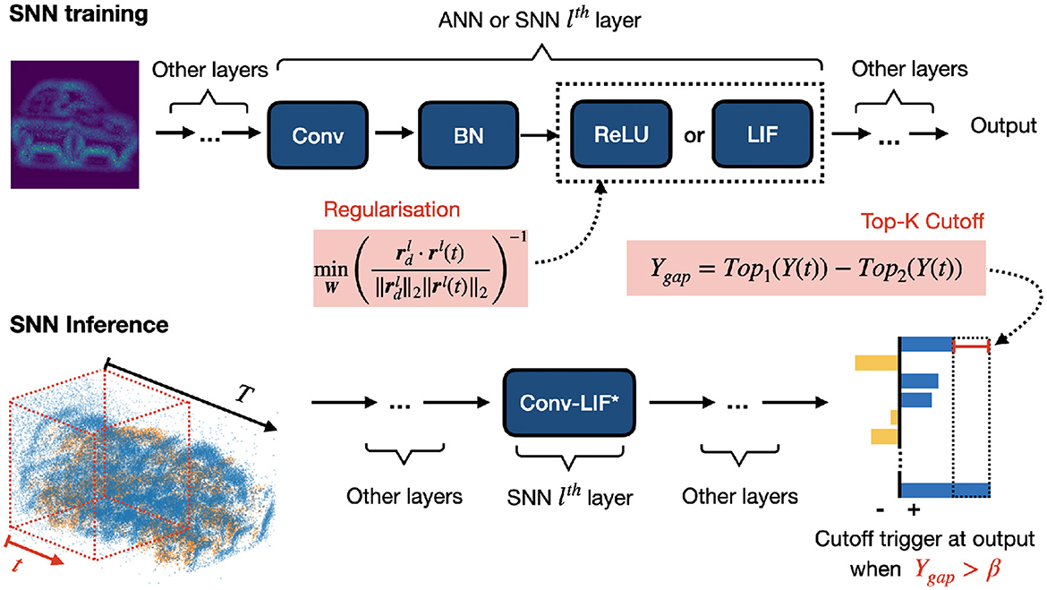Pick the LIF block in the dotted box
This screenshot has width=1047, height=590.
pos(762,135)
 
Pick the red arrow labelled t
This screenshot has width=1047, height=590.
pos(36,553)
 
